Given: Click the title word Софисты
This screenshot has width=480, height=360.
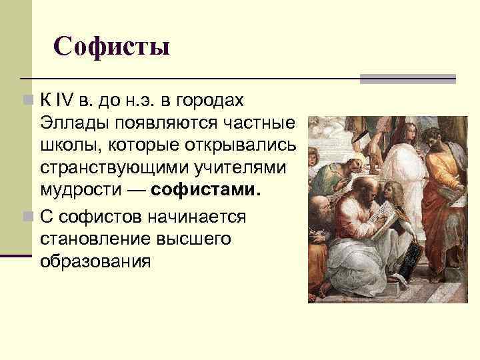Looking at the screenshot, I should click(x=111, y=47).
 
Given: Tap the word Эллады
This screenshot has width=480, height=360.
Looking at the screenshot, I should click(x=67, y=123).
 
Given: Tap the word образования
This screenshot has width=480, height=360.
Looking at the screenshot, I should click(x=95, y=261).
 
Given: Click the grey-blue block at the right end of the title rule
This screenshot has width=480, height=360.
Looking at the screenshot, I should click(x=407, y=79).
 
